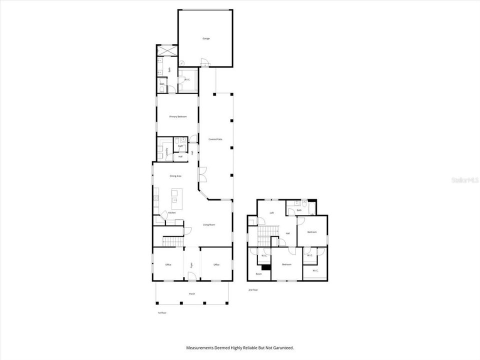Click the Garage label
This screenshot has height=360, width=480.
click(x=205, y=38)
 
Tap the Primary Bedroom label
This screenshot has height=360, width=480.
click(x=178, y=116)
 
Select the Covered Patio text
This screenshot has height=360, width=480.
click(x=215, y=139)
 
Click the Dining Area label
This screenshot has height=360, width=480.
click(x=175, y=176)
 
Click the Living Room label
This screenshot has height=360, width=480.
click(x=209, y=225)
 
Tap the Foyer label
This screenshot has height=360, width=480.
click(x=191, y=264)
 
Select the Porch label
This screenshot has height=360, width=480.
click(x=192, y=294)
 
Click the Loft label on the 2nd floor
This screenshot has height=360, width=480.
click(x=271, y=212)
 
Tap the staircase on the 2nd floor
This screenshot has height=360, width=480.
click(x=268, y=232)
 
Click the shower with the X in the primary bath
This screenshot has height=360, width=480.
click(x=166, y=51)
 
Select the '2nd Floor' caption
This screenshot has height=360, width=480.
click(x=253, y=289)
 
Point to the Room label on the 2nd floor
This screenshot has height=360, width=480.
click(x=259, y=274)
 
